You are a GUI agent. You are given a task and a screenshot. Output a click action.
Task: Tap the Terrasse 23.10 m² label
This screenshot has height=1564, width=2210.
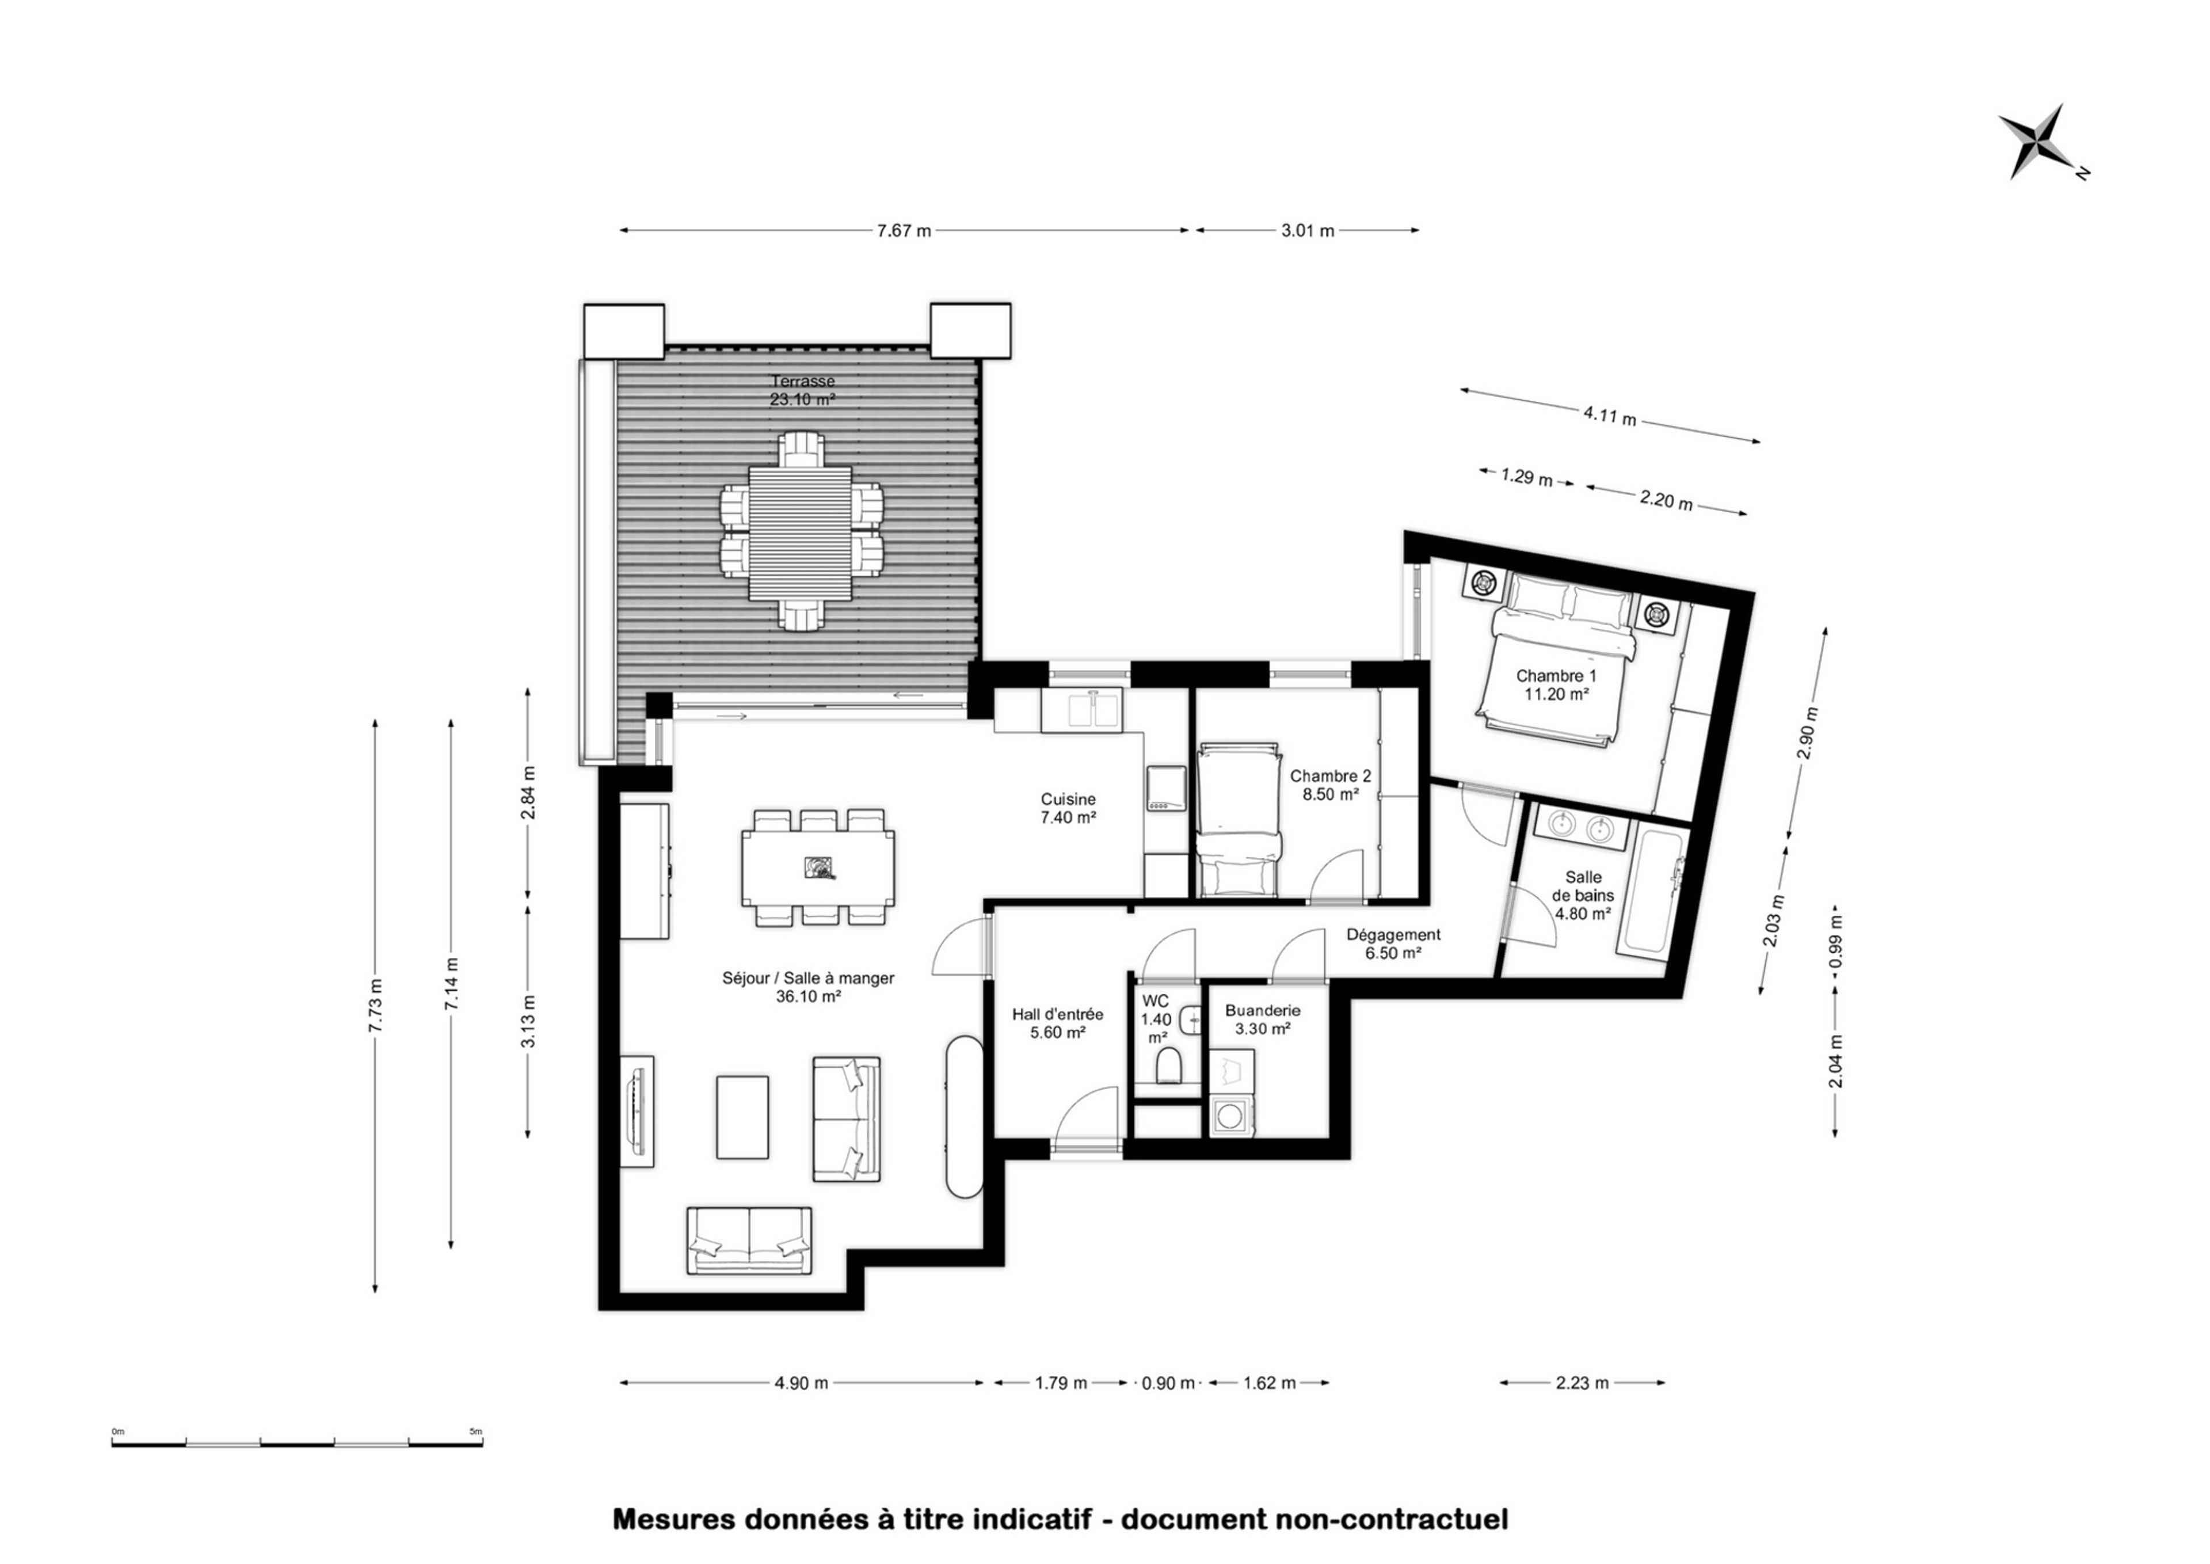(802, 390)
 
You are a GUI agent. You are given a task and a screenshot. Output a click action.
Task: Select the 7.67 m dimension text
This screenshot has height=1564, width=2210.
(904, 231)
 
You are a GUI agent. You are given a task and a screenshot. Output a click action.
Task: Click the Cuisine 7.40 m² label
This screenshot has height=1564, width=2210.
(1068, 808)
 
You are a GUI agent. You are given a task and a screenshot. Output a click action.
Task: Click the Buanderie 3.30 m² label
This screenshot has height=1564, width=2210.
(1263, 1019)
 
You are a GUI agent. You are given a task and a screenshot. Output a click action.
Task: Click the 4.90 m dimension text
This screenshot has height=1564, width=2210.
(801, 1383)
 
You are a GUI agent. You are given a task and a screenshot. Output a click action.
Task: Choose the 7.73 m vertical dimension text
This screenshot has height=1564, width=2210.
(376, 1006)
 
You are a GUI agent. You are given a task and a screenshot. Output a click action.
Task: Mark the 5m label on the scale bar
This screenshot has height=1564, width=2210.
(476, 1431)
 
